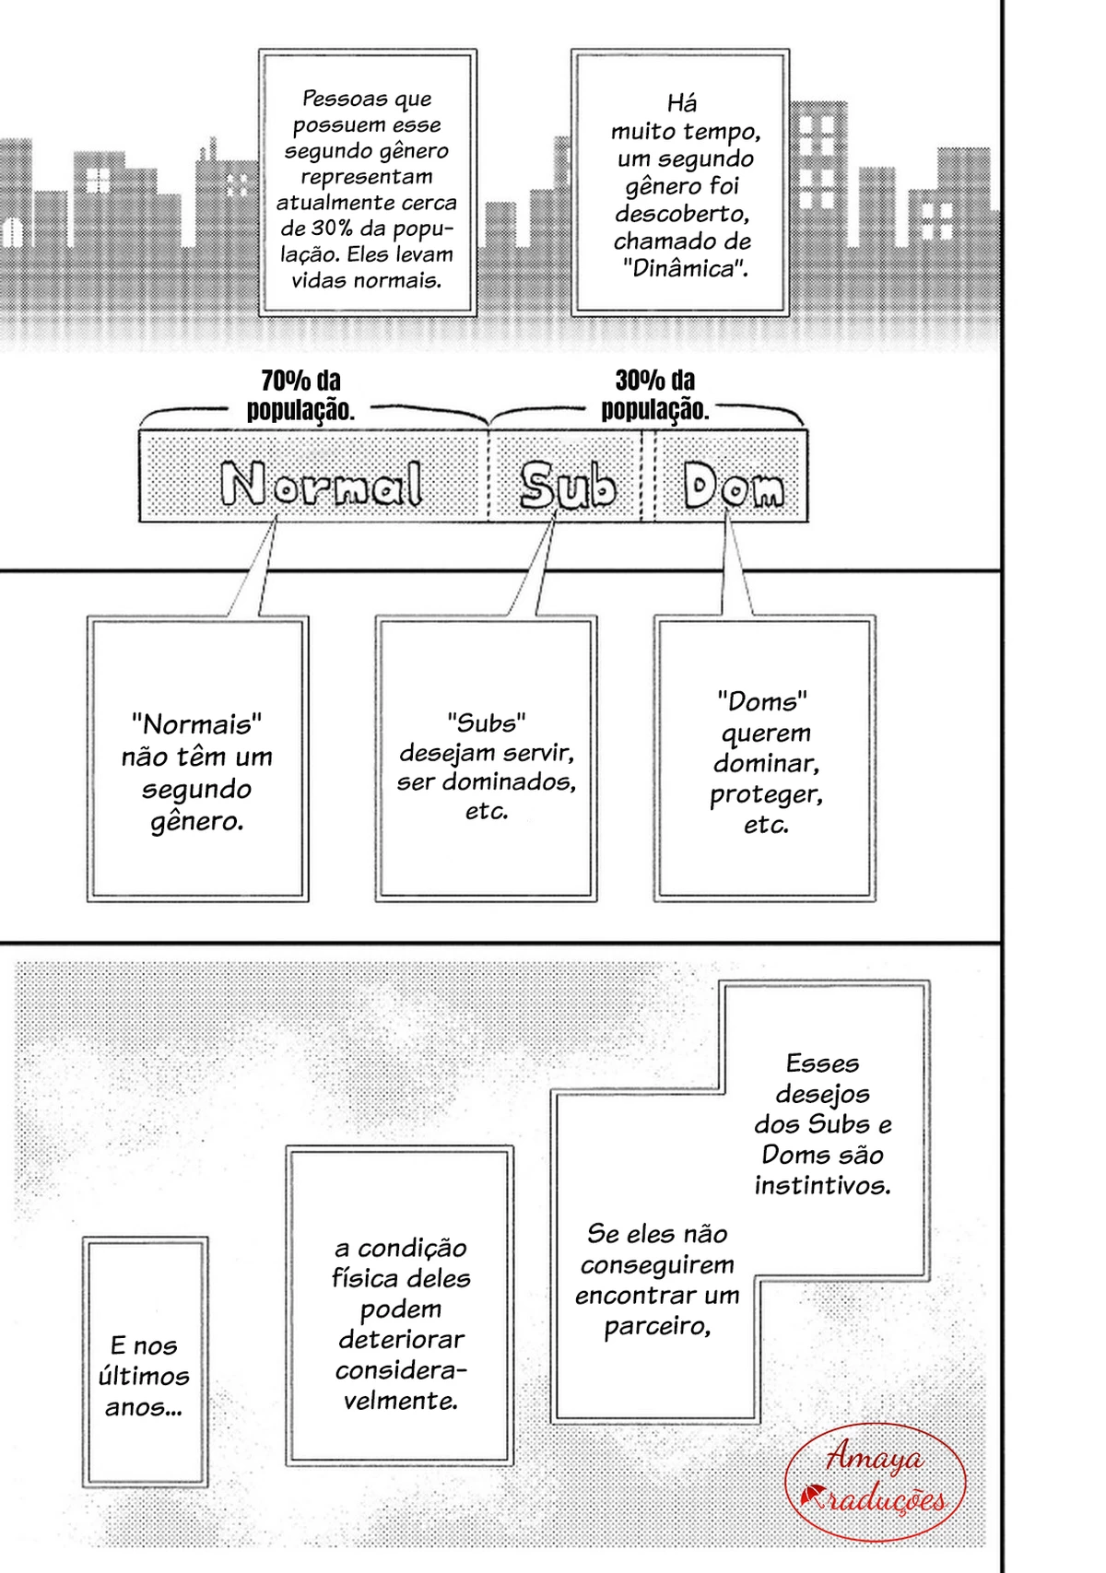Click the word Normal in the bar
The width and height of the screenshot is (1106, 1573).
coord(322,484)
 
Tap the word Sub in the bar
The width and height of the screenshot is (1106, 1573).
coord(568,485)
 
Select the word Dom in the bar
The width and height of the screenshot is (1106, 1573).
coord(733,485)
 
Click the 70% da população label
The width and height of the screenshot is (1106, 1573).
coord(300,394)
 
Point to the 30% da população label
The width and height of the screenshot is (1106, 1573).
coord(654,394)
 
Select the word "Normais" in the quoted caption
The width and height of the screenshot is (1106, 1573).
coord(196,723)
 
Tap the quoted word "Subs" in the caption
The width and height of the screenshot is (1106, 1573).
coord(486,722)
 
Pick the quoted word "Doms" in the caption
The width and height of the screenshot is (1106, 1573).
coord(762,701)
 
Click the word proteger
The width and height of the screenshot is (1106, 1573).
coord(765,795)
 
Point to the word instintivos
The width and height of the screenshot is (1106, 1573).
coord(822,1185)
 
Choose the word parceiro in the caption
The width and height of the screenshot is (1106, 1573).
coord(657,1326)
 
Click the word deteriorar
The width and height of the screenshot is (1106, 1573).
coord(401,1339)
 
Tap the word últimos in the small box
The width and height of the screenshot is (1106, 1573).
coord(144,1376)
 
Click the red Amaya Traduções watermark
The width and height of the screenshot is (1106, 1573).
coord(875,1482)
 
